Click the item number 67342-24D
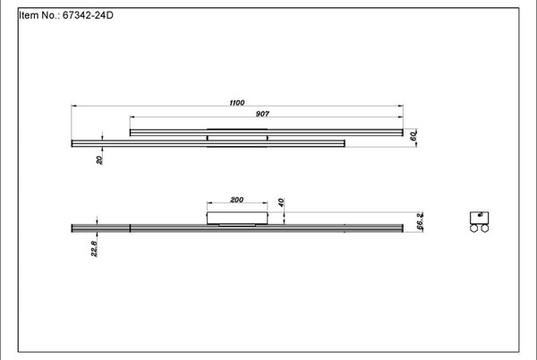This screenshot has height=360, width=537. pyautogui.click(x=88, y=15)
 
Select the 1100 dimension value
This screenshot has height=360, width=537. pyautogui.click(x=237, y=103)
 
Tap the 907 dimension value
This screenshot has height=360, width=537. pyautogui.click(x=262, y=114)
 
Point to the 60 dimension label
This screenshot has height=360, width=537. pyautogui.click(x=413, y=136)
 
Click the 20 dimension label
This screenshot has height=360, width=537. pyautogui.click(x=99, y=160)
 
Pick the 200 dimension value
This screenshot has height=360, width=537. pyautogui.click(x=237, y=200)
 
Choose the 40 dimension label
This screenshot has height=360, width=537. pyautogui.click(x=281, y=202)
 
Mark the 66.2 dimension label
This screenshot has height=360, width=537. pyautogui.click(x=420, y=221)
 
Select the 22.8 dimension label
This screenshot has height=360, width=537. pyautogui.click(x=94, y=249)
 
